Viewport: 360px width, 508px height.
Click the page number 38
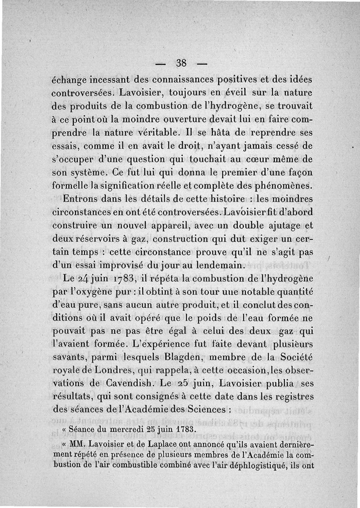coord(182,62)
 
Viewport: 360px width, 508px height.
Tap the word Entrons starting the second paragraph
coord(80,198)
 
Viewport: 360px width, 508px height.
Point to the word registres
coord(290,397)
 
